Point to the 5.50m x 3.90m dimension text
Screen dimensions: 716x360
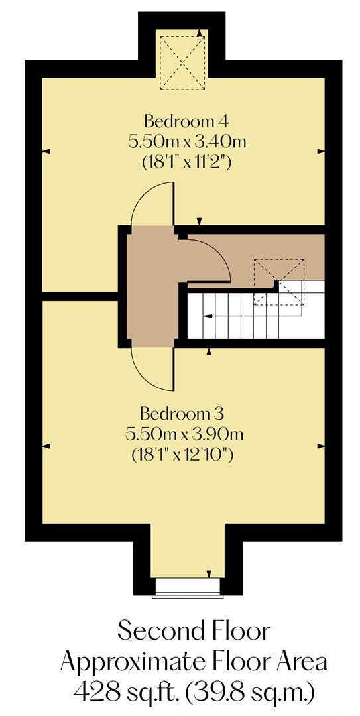point(185,435)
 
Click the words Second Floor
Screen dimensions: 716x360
point(194,631)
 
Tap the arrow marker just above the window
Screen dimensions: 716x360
point(209,574)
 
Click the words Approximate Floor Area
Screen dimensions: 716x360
point(194,662)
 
